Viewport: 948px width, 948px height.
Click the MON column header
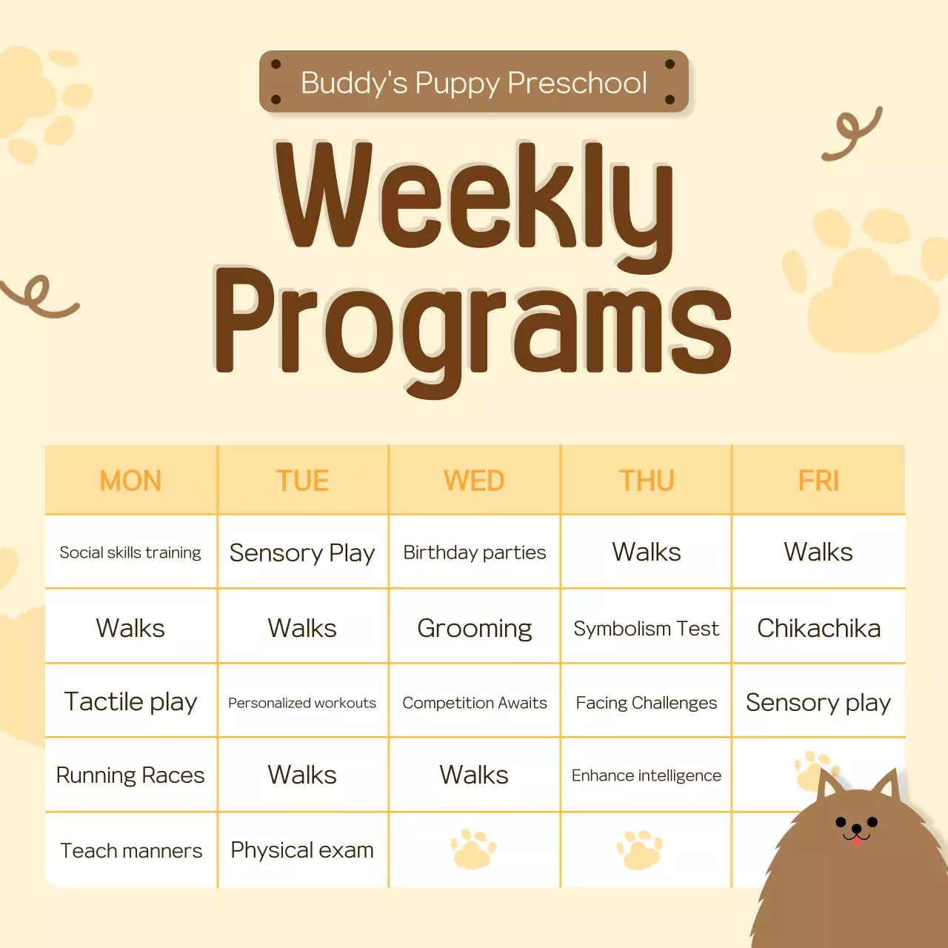tap(130, 481)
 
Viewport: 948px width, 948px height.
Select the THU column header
tap(647, 481)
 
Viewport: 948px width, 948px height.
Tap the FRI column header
tap(818, 481)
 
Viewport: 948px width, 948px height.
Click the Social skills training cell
tap(130, 553)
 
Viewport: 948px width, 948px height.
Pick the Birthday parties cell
tap(475, 553)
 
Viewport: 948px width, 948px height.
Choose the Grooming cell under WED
tap(475, 628)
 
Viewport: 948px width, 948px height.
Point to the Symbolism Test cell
tap(647, 628)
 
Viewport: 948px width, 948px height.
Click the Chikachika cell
tap(818, 628)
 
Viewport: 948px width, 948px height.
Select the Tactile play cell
tap(130, 701)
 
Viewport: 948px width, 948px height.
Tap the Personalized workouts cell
tap(302, 702)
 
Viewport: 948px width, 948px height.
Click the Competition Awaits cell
tap(475, 702)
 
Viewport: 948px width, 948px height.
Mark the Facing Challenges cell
tap(647, 702)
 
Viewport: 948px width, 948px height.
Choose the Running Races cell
tap(130, 775)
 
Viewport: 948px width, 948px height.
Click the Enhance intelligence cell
tap(647, 775)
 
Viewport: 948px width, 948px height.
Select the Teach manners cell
tap(130, 850)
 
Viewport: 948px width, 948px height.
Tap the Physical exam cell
tap(302, 850)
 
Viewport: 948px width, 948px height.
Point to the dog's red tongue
tap(857, 841)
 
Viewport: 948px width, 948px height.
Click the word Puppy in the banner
tap(457, 83)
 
